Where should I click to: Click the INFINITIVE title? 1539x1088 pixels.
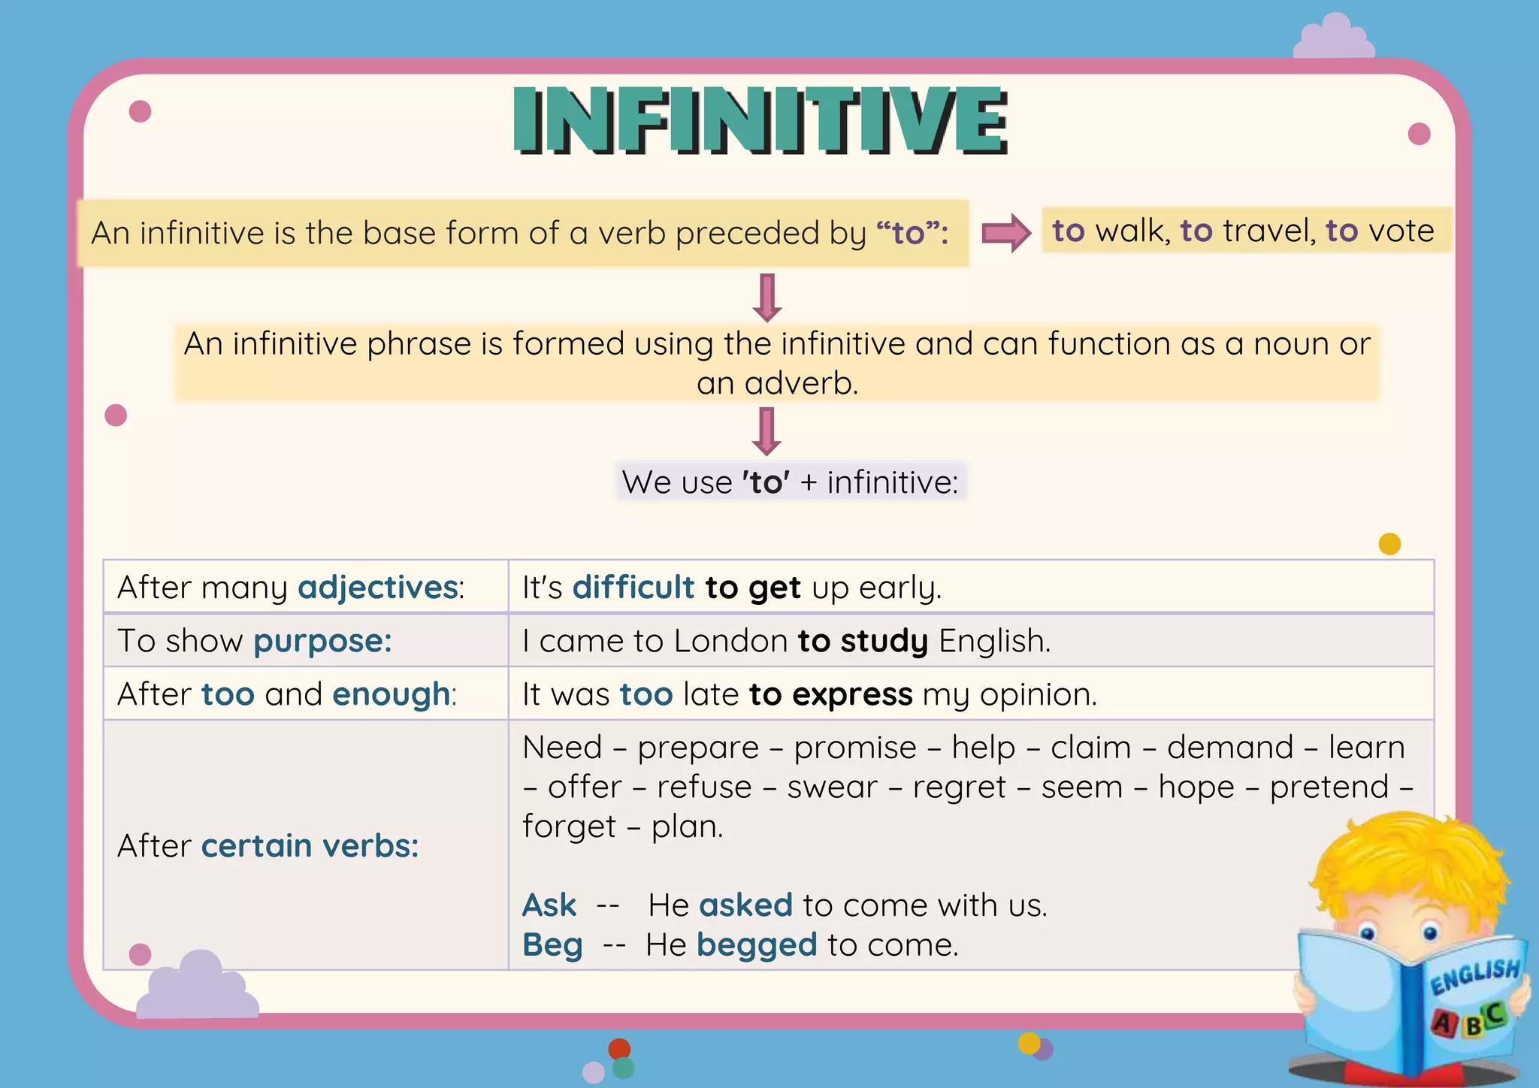point(760,120)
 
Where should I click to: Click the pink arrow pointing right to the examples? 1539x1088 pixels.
point(1006,233)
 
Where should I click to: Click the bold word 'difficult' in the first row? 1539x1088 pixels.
point(633,588)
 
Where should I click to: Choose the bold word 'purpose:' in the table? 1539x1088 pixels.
point(322,642)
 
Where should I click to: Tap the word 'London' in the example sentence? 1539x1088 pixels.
point(730,642)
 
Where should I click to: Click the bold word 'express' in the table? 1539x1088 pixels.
point(852,695)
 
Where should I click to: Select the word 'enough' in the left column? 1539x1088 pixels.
point(392,695)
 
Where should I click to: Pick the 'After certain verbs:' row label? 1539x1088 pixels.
point(268,846)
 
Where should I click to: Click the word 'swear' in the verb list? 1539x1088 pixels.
point(832,787)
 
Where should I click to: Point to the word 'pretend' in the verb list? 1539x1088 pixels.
point(1329,787)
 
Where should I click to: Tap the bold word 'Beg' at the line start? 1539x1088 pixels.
point(552,945)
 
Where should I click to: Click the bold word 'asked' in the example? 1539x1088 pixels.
point(745,905)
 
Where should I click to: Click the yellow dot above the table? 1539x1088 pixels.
point(1389,543)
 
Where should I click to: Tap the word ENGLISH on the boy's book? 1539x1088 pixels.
point(1474,976)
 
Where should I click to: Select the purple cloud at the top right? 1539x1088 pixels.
point(1334,38)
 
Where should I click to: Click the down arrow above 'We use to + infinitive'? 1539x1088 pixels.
point(766,431)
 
